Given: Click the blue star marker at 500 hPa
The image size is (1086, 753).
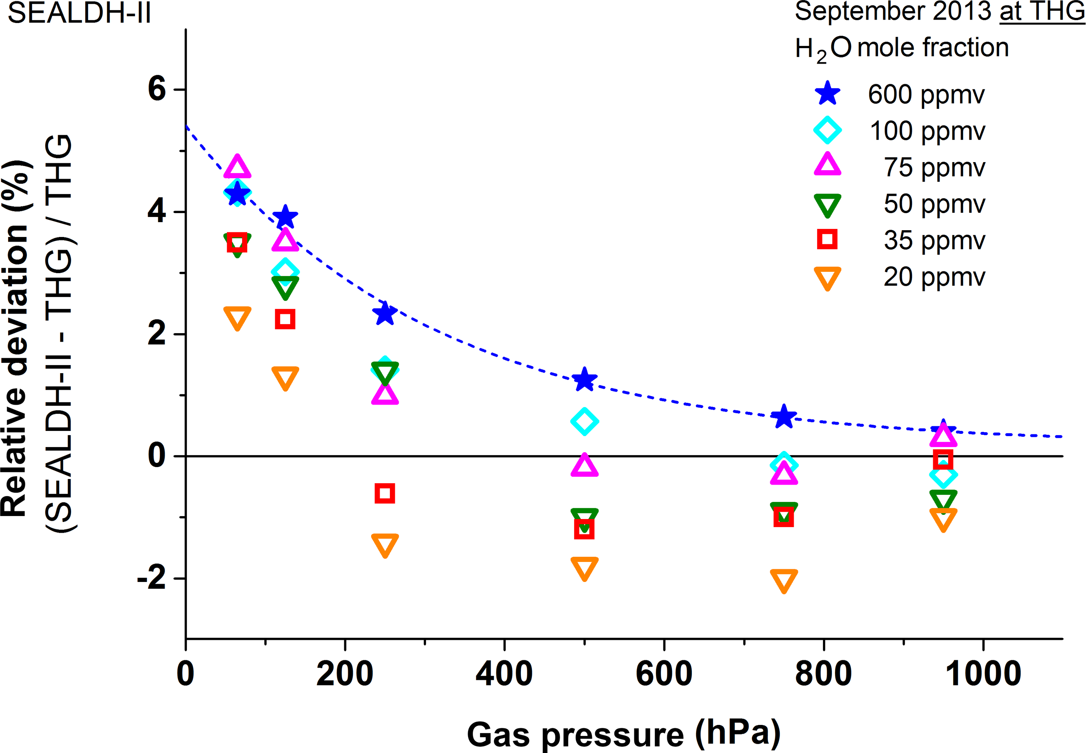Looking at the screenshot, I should pos(584,379).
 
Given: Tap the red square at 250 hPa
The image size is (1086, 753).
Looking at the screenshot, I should pos(385,493).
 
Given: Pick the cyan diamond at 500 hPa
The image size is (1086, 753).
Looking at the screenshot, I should pos(584,421).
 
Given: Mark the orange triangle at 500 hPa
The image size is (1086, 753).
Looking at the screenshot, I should pos(584,568).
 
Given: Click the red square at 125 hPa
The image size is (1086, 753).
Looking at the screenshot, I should pos(285,319).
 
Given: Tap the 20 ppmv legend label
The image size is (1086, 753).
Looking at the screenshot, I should pos(934,277).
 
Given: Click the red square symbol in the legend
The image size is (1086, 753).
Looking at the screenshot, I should pos(827,239).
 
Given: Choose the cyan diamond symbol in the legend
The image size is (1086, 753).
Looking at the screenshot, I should pos(827,130).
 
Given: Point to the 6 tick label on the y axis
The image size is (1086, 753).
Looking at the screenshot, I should pos(157,88).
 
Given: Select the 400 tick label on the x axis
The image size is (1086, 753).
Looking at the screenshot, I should pos(504,674).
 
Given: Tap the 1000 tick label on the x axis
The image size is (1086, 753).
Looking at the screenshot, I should pos(983,674).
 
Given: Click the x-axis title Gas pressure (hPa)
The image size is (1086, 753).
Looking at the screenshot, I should pos(623,734).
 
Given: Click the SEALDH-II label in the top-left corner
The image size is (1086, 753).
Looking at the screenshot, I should pos(79,13).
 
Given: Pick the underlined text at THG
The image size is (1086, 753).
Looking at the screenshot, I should pos(1042,11).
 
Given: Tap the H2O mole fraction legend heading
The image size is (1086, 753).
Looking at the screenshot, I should pos(901,48).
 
